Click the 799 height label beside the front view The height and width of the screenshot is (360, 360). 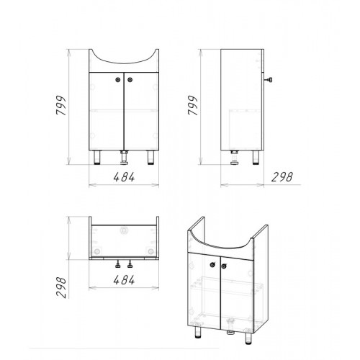[60, 105]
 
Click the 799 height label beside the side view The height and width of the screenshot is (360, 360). [192, 105]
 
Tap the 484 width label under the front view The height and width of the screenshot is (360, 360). [124, 177]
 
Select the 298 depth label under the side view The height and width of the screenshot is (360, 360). [282, 177]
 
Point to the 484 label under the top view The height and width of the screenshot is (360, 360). [124, 280]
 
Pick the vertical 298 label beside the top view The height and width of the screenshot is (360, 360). [60, 288]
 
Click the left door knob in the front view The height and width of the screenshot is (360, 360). [118, 80]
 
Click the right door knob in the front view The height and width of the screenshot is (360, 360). [130, 80]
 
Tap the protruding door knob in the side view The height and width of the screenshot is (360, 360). [269, 80]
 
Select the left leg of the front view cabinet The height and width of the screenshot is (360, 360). [97, 157]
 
